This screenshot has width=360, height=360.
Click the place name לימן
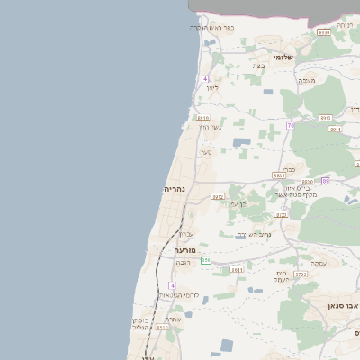click(x=212, y=87)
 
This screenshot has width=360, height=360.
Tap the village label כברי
click(x=287, y=168)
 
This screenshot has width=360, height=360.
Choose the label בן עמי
click(x=237, y=203)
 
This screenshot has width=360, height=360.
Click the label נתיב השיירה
click(x=255, y=235)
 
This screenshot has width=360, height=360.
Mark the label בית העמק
click(x=282, y=276)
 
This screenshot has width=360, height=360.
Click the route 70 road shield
click(x=290, y=126)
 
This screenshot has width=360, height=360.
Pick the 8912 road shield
click(x=217, y=196)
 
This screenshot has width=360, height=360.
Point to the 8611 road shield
click(x=237, y=269)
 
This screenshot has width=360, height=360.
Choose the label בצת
click(x=259, y=66)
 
